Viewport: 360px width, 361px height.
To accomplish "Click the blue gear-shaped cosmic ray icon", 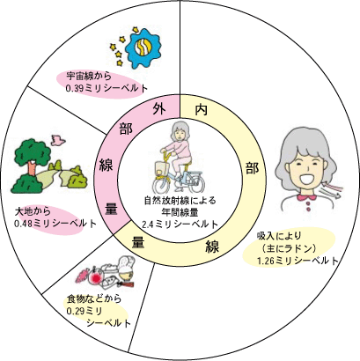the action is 143,47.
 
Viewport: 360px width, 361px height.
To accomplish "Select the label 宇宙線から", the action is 89,77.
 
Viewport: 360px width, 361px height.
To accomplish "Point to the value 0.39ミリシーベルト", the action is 107,88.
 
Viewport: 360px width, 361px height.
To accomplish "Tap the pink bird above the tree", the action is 58,140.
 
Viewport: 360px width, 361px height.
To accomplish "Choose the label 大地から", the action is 33,211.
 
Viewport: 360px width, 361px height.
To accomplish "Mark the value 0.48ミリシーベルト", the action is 55,224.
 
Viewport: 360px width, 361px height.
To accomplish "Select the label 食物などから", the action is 94,299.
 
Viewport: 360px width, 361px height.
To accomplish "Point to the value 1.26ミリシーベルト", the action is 298,261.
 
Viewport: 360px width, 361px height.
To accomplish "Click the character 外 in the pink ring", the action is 159,109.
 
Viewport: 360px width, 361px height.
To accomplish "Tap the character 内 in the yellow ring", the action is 202,109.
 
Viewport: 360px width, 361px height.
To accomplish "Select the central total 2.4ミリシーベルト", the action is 180,225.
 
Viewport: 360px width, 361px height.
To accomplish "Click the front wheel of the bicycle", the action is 161,186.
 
